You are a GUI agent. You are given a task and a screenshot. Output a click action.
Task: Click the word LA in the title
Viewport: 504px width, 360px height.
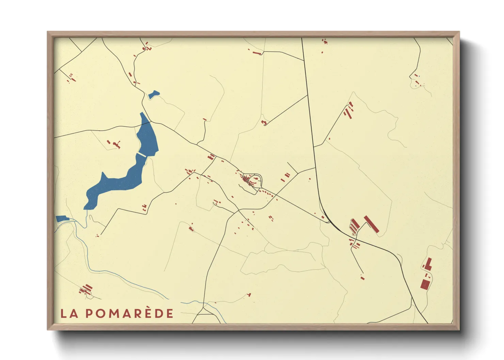point(69,313)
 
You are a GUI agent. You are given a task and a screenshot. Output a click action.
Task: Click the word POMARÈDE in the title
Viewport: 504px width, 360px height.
point(129,313)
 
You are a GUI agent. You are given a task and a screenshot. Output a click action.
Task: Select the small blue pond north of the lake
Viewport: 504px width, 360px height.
point(154,94)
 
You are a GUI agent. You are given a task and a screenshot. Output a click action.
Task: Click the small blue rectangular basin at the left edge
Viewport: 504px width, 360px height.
point(62,219)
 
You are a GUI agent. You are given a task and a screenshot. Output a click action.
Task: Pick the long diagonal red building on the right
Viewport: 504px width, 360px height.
point(372,224)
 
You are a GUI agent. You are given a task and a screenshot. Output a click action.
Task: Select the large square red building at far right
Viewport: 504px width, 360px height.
point(425,284)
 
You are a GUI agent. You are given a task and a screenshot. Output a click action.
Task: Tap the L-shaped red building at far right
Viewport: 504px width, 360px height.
point(428,264)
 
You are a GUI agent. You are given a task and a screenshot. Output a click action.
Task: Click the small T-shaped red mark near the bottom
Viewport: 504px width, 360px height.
point(249,294)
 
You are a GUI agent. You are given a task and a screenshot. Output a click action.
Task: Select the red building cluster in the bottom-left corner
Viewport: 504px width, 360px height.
point(86,290)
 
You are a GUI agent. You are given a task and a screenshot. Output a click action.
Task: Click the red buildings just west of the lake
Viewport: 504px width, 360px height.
point(115,144)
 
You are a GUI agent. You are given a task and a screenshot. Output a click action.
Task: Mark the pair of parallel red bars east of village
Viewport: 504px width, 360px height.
point(285,177)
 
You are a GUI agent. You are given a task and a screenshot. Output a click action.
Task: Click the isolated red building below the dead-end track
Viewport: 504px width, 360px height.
point(362,278)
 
